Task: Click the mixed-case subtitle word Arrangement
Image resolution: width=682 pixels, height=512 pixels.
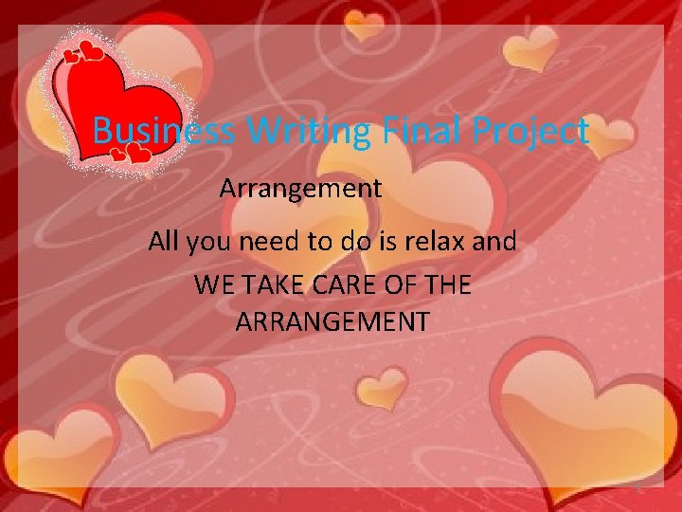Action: (300, 189)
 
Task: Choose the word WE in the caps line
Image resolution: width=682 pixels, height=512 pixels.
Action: (210, 284)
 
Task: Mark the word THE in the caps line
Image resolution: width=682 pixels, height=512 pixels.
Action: (448, 284)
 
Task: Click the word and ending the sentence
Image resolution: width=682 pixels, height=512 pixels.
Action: (494, 242)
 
